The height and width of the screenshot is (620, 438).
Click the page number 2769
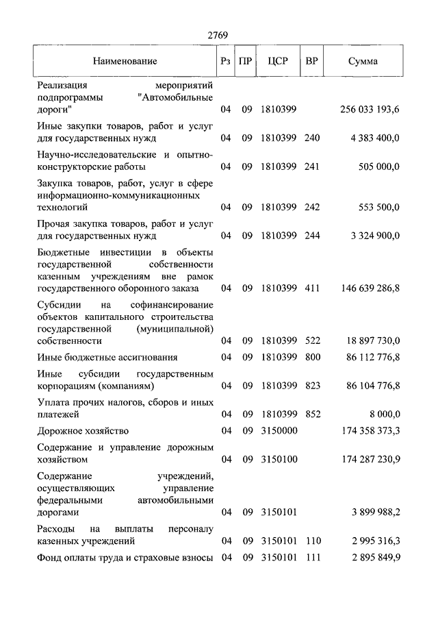(218, 35)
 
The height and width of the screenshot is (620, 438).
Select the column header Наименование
(125, 61)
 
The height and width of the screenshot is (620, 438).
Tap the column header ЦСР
(279, 61)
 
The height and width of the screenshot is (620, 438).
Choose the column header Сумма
(362, 61)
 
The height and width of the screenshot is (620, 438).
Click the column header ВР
(311, 61)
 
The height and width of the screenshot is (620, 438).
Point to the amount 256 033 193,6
(370, 110)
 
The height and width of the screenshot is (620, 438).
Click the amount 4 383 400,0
(375, 138)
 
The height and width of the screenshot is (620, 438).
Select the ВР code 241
(312, 166)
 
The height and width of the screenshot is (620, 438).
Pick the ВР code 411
(312, 288)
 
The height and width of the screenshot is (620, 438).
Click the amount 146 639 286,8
(370, 288)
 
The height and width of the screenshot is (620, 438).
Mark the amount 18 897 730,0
(373, 340)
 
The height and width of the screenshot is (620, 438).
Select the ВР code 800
(312, 357)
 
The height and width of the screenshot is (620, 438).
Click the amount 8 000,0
(385, 414)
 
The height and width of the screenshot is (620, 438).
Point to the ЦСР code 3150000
(279, 431)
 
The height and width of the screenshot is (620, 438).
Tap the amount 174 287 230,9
(370, 459)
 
